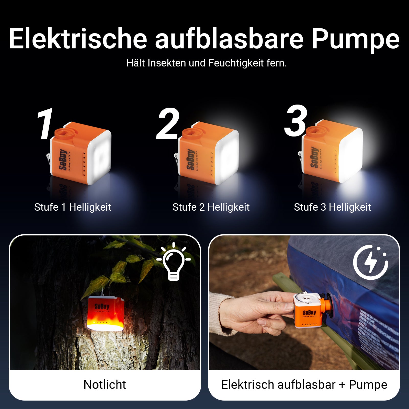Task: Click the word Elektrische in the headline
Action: click(x=78, y=39)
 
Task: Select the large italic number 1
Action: click(x=45, y=124)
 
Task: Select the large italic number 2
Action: click(x=168, y=124)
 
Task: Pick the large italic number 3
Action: click(x=296, y=121)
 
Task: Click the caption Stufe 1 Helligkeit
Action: click(x=73, y=207)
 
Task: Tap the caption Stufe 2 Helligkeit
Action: click(x=211, y=207)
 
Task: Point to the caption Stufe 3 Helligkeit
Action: click(x=332, y=207)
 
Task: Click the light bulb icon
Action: click(x=174, y=262)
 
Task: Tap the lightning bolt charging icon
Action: click(x=371, y=262)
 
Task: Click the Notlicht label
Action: click(x=105, y=385)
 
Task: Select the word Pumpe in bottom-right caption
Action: click(x=368, y=385)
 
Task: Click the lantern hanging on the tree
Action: click(x=106, y=313)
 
